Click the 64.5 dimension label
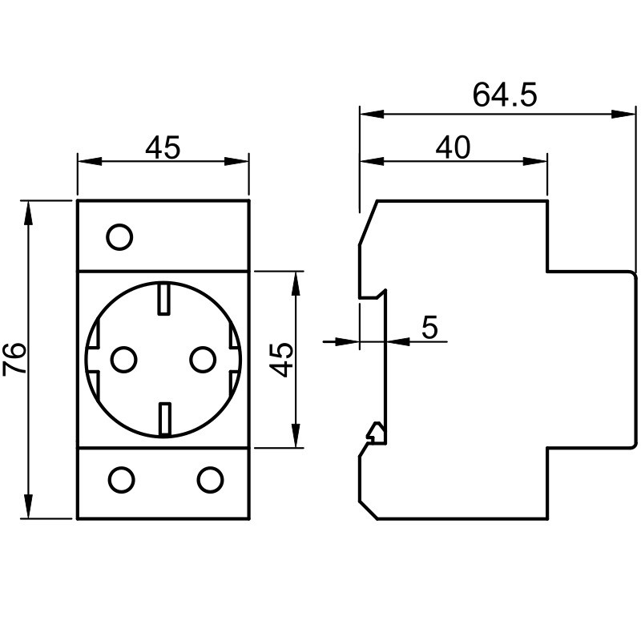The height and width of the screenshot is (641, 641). click(504, 95)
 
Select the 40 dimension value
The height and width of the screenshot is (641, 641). click(453, 146)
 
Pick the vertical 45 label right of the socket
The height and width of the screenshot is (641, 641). click(281, 359)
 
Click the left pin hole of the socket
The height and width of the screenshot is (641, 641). click(123, 360)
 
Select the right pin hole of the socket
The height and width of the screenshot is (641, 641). click(204, 360)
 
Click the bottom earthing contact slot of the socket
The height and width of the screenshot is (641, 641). click(163, 419)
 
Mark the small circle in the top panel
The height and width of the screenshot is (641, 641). click(119, 237)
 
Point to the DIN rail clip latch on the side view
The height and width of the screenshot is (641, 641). click(375, 433)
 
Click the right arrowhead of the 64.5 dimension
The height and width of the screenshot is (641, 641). click(626, 113)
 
